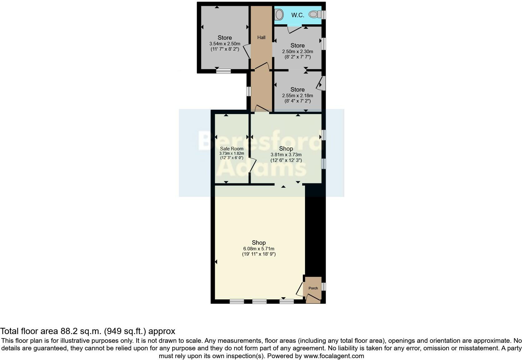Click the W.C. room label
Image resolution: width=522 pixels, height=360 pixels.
point(298,15)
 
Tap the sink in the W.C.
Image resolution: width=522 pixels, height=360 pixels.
point(279,14)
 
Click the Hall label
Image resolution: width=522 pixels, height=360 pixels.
point(261,37)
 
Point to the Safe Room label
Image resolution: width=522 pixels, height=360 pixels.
point(232,149)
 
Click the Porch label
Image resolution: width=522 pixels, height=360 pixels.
point(313,288)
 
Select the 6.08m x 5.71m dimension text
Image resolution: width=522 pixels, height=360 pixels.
point(259,249)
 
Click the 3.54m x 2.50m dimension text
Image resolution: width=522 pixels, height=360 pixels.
point(225,44)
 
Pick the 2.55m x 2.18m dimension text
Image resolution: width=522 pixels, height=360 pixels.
point(298,96)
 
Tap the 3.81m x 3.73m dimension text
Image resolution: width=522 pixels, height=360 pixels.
point(286,155)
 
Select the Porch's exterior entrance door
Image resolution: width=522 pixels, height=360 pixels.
point(313,299)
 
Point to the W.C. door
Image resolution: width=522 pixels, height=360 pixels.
point(294,30)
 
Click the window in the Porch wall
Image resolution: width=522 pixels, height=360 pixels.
point(324,287)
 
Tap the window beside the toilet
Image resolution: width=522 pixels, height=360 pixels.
point(324,15)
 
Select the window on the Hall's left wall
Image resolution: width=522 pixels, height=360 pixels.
point(249,91)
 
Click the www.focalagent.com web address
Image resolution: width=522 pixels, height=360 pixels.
point(334,356)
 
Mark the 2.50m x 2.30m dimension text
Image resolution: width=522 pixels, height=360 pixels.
point(298,52)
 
